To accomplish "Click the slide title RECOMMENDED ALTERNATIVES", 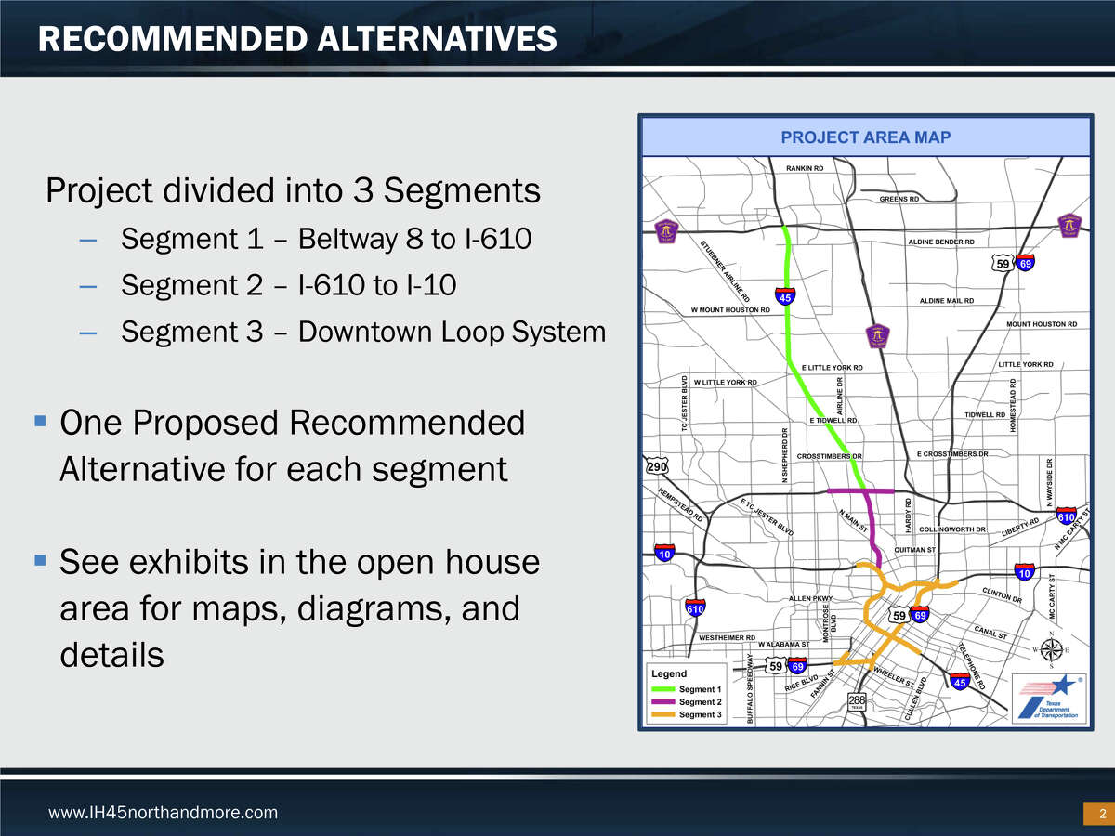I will (297, 38).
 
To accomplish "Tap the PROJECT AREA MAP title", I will (865, 137).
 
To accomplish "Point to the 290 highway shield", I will (656, 466).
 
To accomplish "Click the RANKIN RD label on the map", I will (805, 168).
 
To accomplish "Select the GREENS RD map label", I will (899, 199).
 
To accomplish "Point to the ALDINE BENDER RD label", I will (940, 242).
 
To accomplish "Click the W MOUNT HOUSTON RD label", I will (730, 309).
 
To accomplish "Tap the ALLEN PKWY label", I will (811, 598).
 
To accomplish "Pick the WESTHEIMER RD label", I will (727, 638).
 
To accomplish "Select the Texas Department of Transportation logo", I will (1047, 699).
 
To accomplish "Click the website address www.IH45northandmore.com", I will (163, 813).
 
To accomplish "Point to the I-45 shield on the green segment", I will (785, 297).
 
